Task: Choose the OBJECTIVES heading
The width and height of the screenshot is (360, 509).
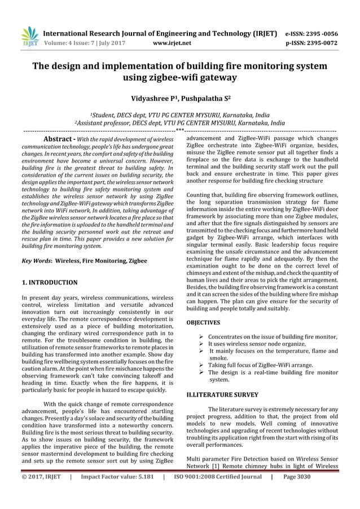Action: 203,323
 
